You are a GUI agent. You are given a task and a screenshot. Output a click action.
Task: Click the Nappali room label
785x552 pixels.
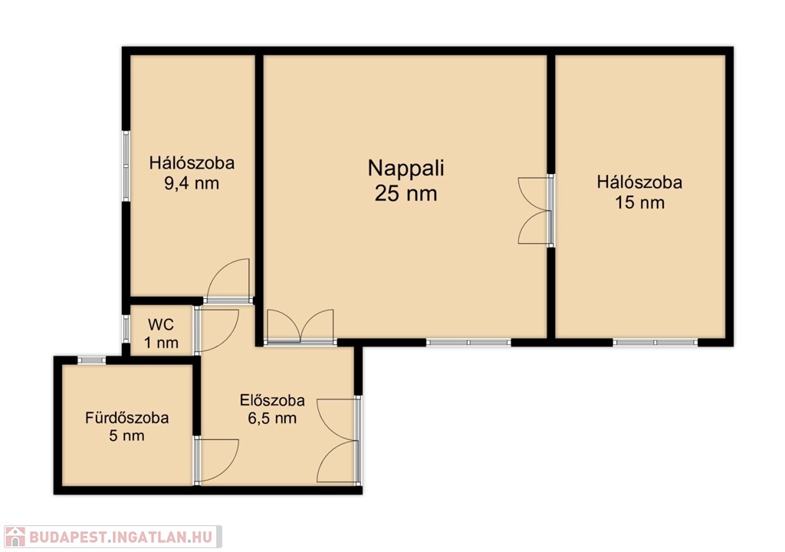[x=406, y=169]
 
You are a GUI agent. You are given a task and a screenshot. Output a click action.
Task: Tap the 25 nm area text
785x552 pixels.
[x=406, y=193]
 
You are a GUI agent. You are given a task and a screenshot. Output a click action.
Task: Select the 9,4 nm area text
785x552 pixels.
[x=192, y=184]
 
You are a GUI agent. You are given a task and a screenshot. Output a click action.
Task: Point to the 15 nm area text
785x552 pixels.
[x=640, y=203]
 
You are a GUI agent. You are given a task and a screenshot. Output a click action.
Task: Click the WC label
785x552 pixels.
[x=161, y=324]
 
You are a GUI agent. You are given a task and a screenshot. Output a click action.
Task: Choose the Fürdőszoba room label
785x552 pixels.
[x=126, y=418]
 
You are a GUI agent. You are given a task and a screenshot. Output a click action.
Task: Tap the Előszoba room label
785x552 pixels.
[x=272, y=400]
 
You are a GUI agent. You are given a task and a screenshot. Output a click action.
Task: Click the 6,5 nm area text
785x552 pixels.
[x=272, y=418]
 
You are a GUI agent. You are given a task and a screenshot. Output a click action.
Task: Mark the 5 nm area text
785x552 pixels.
[x=126, y=435]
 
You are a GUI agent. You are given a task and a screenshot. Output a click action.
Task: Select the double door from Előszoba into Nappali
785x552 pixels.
[x=301, y=327]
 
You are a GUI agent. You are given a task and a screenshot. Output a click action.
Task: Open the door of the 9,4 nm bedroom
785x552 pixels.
[x=228, y=281]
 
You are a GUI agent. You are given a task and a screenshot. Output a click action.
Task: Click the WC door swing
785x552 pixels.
[x=216, y=330]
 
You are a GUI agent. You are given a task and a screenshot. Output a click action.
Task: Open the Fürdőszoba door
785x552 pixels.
[x=216, y=461]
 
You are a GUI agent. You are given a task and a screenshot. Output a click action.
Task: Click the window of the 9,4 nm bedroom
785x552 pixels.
[x=126, y=166]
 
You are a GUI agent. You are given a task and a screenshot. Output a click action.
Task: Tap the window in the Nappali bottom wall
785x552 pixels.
[x=468, y=343]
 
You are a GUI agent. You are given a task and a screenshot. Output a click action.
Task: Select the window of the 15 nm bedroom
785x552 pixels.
[x=655, y=343]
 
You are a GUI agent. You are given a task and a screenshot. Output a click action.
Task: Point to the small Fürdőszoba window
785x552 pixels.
[x=92, y=360]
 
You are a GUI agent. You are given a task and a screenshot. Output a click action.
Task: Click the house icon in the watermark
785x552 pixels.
[x=15, y=537]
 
